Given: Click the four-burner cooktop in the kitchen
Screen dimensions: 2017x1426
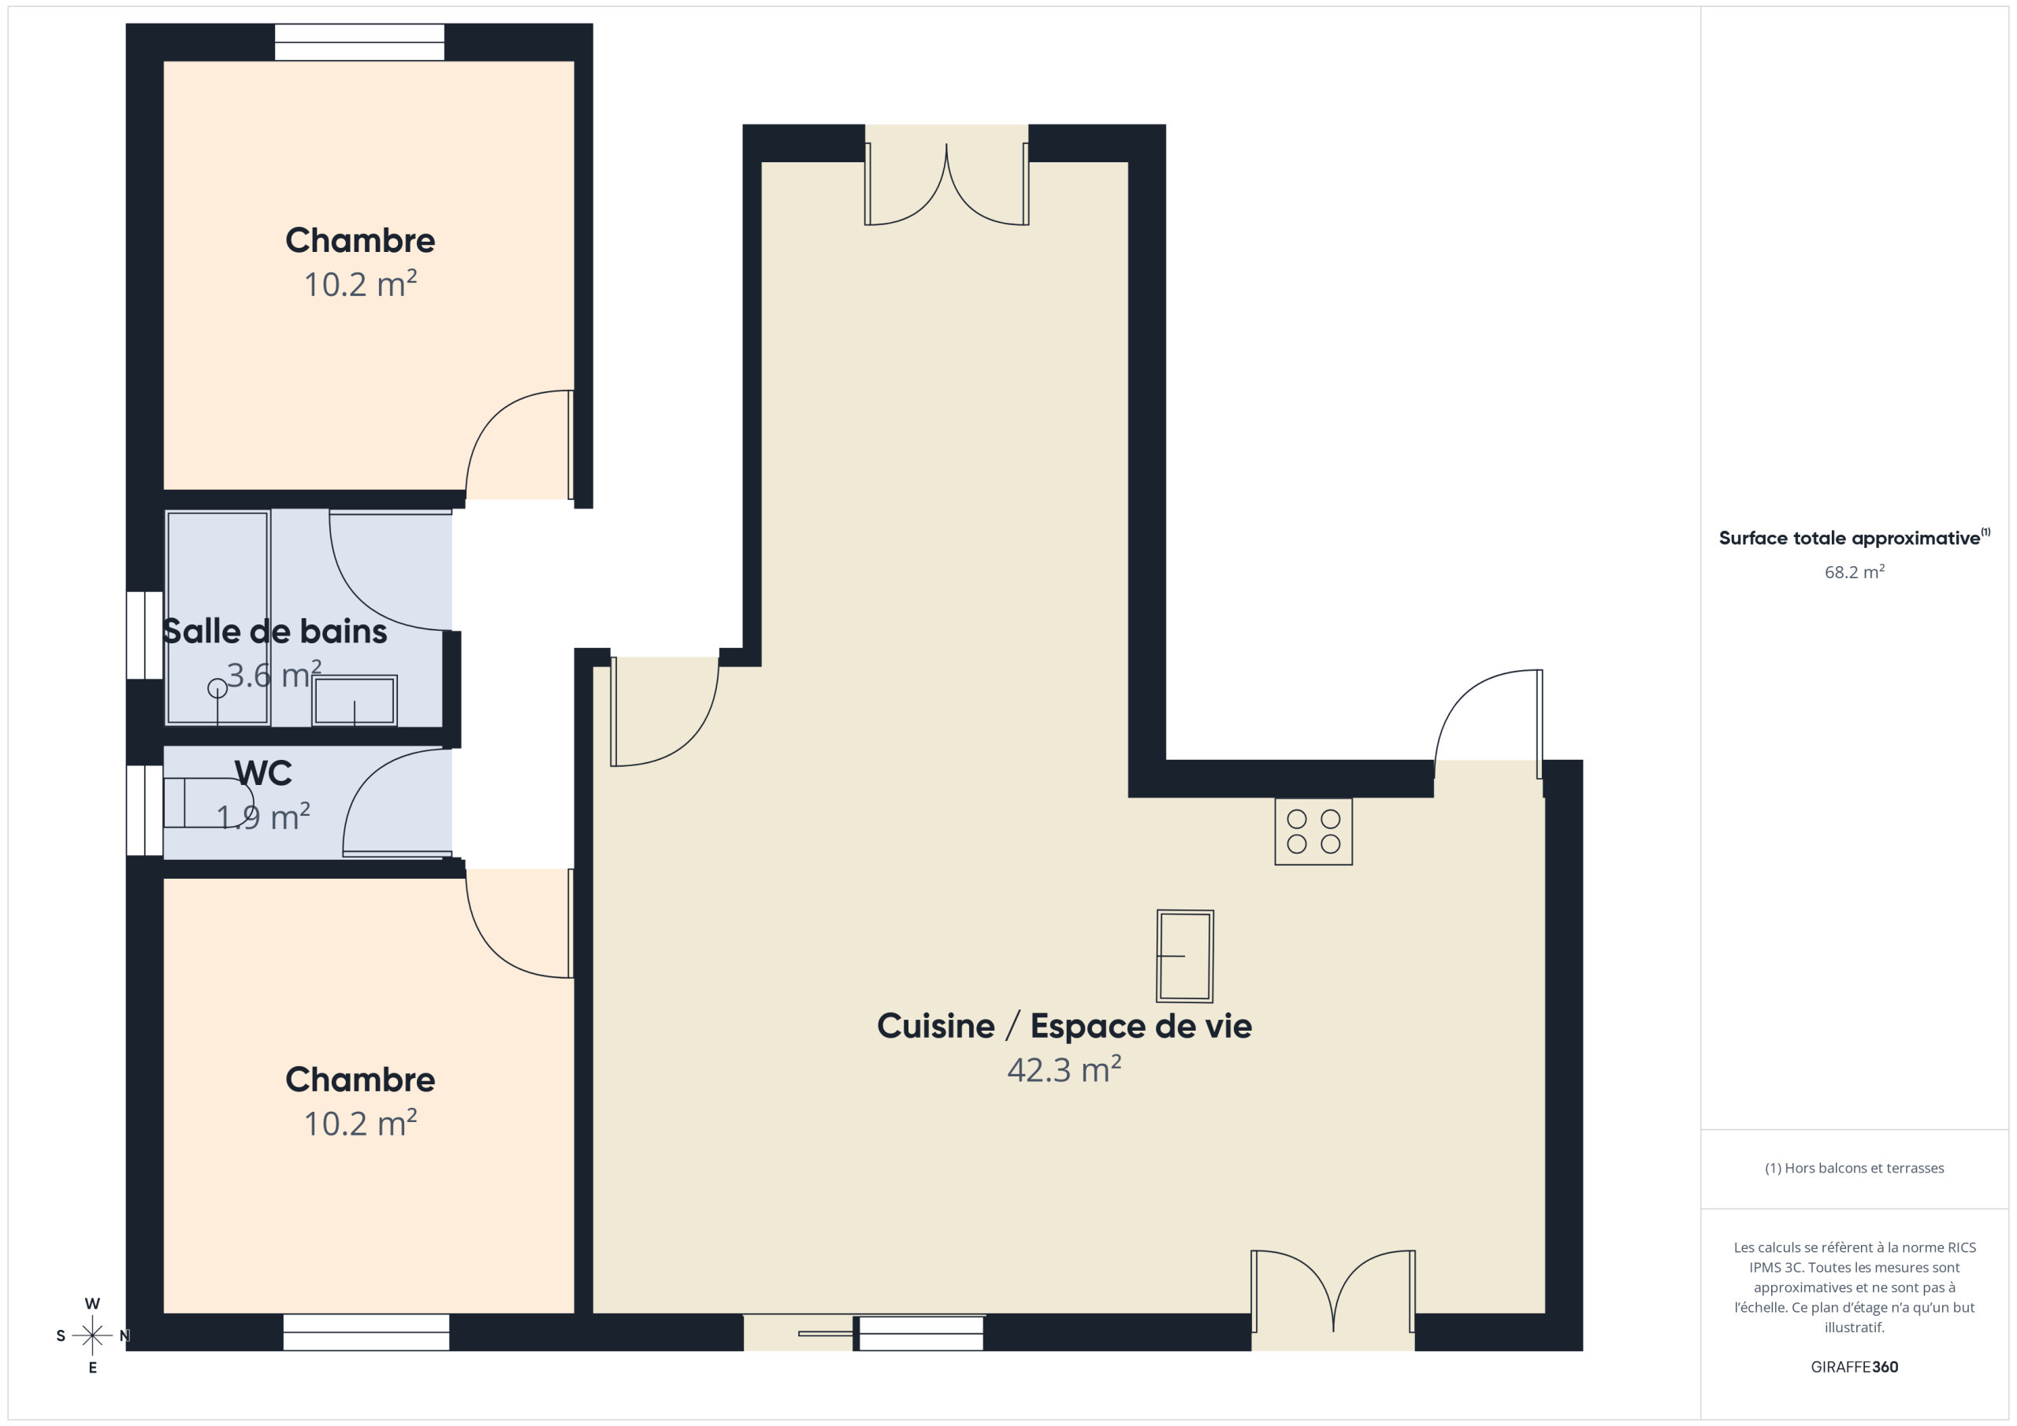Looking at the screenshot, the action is [x=1313, y=832].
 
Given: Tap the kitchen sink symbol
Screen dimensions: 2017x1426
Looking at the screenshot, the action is [x=1185, y=956].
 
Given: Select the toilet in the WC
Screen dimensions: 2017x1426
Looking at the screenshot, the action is [x=208, y=802].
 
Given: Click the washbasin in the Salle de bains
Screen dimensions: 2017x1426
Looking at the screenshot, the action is [x=354, y=700].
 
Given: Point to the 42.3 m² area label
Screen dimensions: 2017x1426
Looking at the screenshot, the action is [x=1064, y=1069].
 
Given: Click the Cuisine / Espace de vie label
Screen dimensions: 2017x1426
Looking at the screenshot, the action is [x=1064, y=1025].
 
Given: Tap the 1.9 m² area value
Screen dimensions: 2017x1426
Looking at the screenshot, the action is [x=262, y=817].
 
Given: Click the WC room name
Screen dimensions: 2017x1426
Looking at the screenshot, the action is [x=262, y=772].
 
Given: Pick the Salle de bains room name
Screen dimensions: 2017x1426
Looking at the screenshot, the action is [x=274, y=632].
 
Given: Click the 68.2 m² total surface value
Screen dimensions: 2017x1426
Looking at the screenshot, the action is [x=1855, y=572].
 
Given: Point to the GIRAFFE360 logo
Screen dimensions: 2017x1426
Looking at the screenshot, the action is [x=1855, y=1366].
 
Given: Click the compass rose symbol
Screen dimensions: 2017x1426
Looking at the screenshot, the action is [x=92, y=1335].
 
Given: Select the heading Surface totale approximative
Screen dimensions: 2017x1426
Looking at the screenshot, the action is [x=1849, y=539].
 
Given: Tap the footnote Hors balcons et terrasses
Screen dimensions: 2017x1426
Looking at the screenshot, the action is [x=1855, y=1168].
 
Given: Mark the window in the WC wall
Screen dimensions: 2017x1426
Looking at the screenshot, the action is [x=145, y=809].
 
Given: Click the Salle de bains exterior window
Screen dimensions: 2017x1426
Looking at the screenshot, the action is [x=145, y=635].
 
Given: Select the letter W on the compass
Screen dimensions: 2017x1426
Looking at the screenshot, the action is [x=92, y=1304].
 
